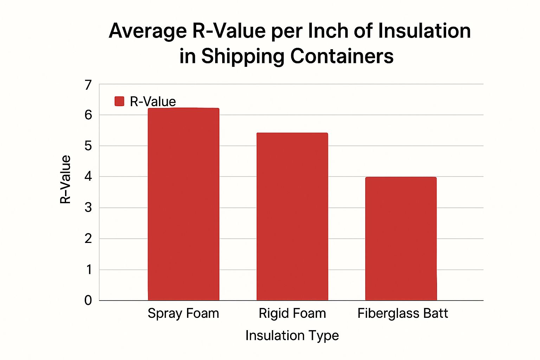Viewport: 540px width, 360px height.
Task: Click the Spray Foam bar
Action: (184, 204)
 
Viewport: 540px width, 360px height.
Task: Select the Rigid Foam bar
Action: (292, 216)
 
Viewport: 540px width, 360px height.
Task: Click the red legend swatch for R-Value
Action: (120, 102)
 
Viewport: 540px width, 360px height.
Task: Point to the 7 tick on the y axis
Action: (88, 85)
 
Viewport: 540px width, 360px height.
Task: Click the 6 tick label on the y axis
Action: (88, 115)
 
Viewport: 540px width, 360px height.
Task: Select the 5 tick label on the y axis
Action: (88, 146)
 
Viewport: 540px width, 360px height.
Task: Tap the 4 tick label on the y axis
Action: (88, 176)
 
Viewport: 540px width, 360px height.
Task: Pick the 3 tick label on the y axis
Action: (88, 207)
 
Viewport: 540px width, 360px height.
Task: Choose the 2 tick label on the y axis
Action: (88, 238)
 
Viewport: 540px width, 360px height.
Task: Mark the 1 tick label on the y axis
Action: (89, 270)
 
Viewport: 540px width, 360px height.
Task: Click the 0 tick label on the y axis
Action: (88, 300)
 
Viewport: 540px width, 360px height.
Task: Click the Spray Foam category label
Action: (183, 313)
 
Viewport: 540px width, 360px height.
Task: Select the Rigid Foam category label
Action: (292, 313)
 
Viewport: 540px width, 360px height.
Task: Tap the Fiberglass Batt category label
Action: (403, 313)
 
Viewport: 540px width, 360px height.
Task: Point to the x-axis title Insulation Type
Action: (292, 335)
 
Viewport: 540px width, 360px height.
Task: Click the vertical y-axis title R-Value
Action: (66, 179)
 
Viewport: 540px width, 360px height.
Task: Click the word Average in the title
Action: (148, 31)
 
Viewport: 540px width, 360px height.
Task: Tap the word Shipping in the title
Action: (242, 56)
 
